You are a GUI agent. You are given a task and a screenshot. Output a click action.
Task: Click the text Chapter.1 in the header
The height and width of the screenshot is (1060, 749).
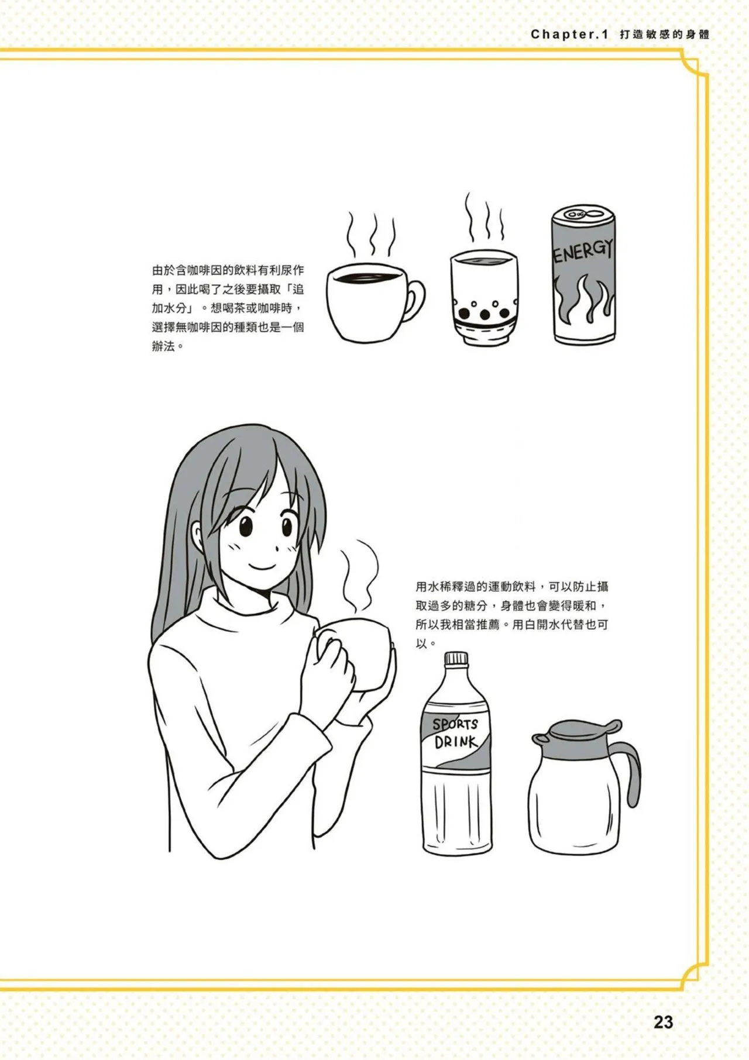[x=569, y=35]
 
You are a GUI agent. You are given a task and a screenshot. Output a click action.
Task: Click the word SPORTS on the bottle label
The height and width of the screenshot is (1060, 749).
[x=455, y=724]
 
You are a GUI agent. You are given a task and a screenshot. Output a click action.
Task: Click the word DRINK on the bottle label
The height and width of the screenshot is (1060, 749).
[x=455, y=742]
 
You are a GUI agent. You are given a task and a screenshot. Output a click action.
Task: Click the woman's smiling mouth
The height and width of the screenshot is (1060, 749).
[x=260, y=567]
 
